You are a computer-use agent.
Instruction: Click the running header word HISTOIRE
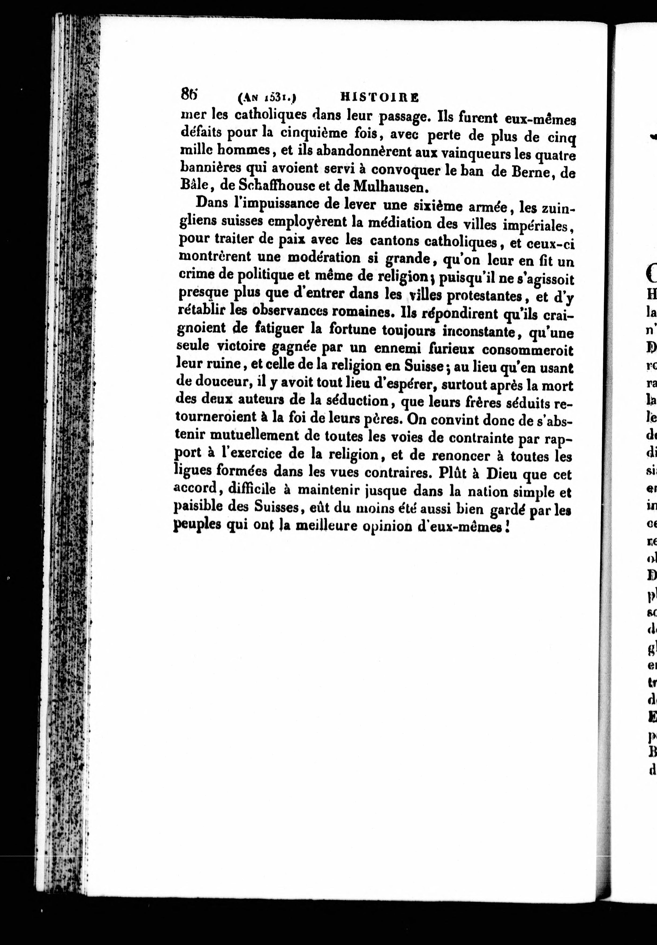click(x=379, y=97)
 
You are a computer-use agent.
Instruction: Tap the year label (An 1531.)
click(x=267, y=98)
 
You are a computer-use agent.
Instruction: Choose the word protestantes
click(x=485, y=296)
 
